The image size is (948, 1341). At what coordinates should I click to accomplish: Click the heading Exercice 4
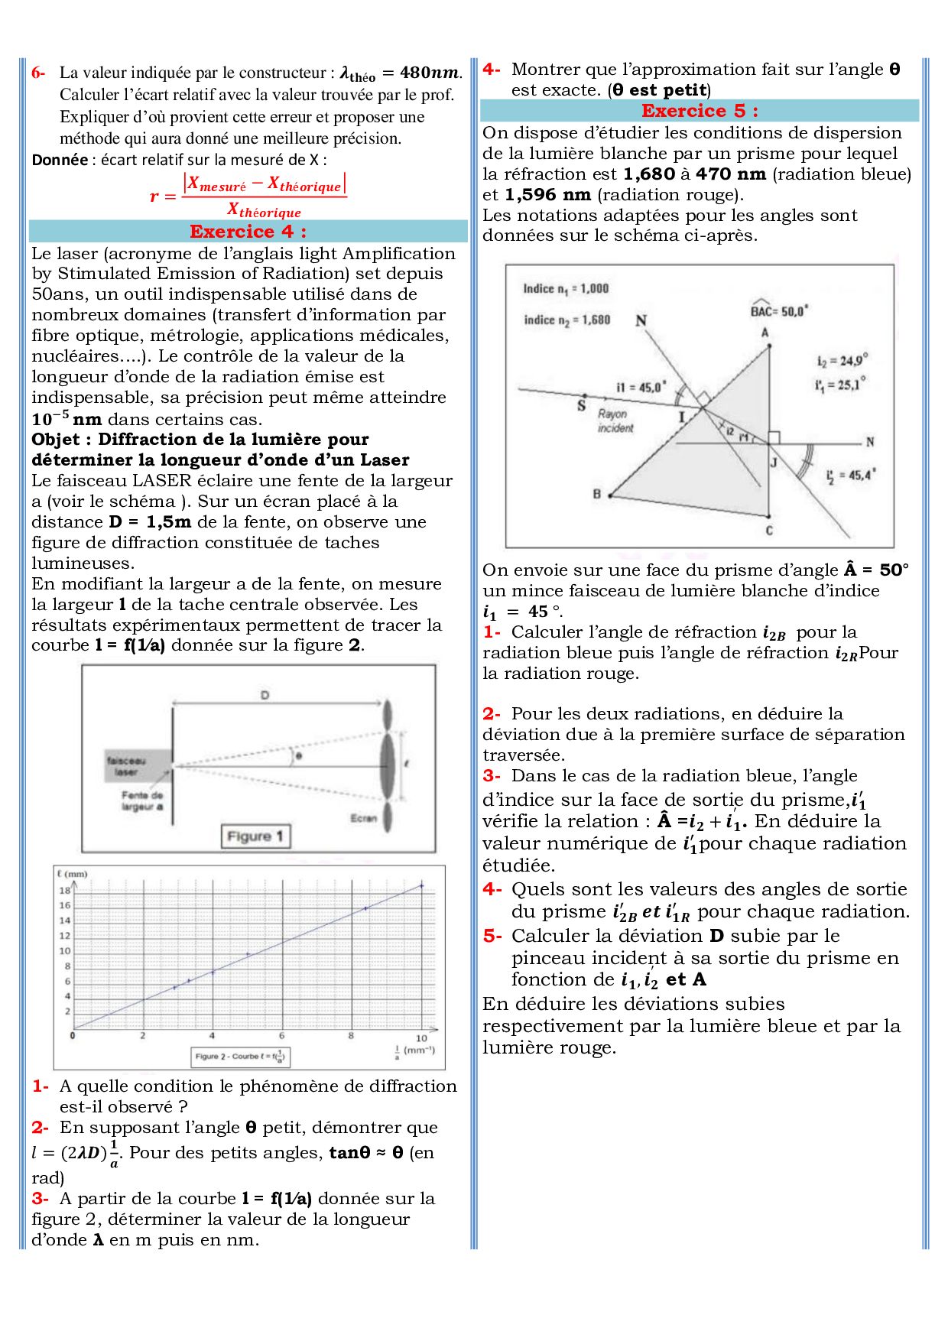pos(248,232)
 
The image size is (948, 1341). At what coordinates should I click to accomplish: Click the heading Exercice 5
pos(700,111)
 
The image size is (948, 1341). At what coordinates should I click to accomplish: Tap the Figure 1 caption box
pos(255,836)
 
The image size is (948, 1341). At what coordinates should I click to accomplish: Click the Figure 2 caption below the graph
pos(240,1057)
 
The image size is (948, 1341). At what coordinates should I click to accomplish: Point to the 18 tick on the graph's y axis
pos(65,891)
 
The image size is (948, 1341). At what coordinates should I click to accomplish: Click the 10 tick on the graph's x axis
pos(421,1038)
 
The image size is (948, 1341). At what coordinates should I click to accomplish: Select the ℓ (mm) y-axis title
pos(73,873)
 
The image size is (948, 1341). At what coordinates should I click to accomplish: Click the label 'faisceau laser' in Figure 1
pos(126,766)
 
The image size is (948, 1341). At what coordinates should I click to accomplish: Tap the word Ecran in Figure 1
pos(364,818)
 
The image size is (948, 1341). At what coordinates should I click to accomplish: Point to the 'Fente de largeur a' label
pos(142,800)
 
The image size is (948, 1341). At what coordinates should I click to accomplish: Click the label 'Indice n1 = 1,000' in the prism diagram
pos(566,289)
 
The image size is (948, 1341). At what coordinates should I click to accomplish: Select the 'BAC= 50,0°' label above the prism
pos(779,310)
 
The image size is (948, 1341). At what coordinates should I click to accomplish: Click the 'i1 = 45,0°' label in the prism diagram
pos(641,388)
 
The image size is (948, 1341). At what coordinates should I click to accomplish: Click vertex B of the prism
pos(609,495)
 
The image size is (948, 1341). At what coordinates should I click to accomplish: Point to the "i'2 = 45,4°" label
pos(850,476)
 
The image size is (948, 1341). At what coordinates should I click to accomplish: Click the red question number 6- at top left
pos(38,73)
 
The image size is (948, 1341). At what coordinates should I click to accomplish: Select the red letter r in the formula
pos(154,196)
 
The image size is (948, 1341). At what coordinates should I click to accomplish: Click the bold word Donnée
pos(60,160)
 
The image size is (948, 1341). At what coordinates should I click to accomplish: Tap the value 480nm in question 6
pos(430,73)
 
